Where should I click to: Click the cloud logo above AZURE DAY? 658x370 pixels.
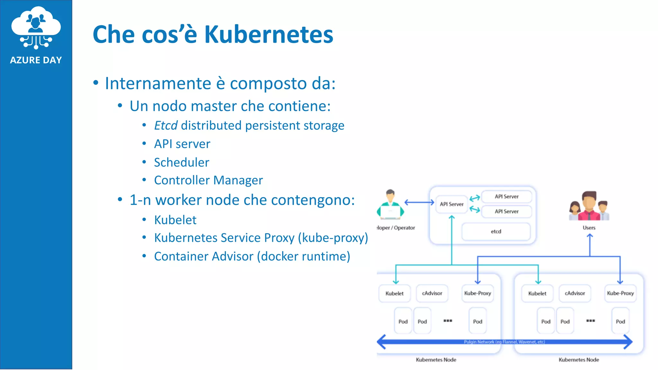tap(36, 27)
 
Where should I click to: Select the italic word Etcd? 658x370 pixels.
tap(165, 126)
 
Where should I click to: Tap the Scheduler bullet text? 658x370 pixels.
tap(182, 163)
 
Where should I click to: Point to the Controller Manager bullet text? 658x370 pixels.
tap(208, 181)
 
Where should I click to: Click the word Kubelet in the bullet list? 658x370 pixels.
tap(175, 220)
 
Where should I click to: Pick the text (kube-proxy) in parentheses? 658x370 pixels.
tap(333, 238)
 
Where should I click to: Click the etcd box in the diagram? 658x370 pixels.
tap(496, 232)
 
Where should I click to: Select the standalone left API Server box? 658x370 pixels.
tap(451, 204)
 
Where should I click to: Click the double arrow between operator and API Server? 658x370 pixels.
tap(419, 202)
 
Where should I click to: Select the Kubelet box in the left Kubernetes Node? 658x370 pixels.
tap(394, 294)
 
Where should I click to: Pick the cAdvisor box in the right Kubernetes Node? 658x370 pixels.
tap(574, 294)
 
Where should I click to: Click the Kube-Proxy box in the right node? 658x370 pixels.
tap(620, 294)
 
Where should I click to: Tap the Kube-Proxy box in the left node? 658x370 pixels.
tap(477, 294)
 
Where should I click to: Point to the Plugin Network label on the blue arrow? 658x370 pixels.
tap(504, 342)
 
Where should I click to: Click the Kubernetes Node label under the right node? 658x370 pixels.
tap(578, 360)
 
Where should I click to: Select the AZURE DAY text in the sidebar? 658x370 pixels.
tap(36, 60)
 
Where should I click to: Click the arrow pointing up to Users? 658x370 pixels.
tap(590, 244)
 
